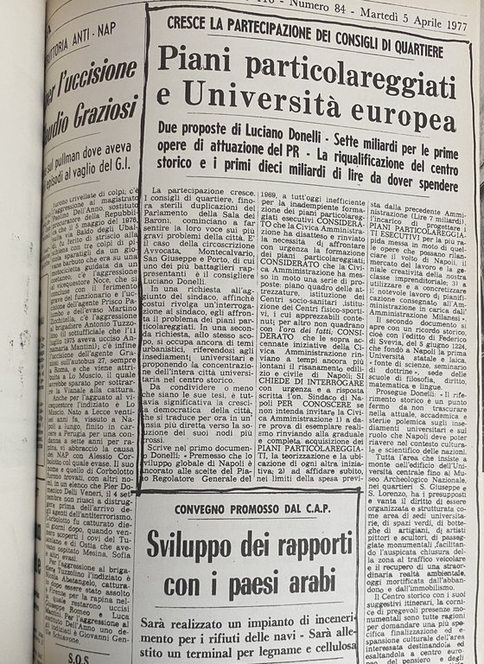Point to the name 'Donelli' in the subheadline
coord(315,128)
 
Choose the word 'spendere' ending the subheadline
coord(426,185)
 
